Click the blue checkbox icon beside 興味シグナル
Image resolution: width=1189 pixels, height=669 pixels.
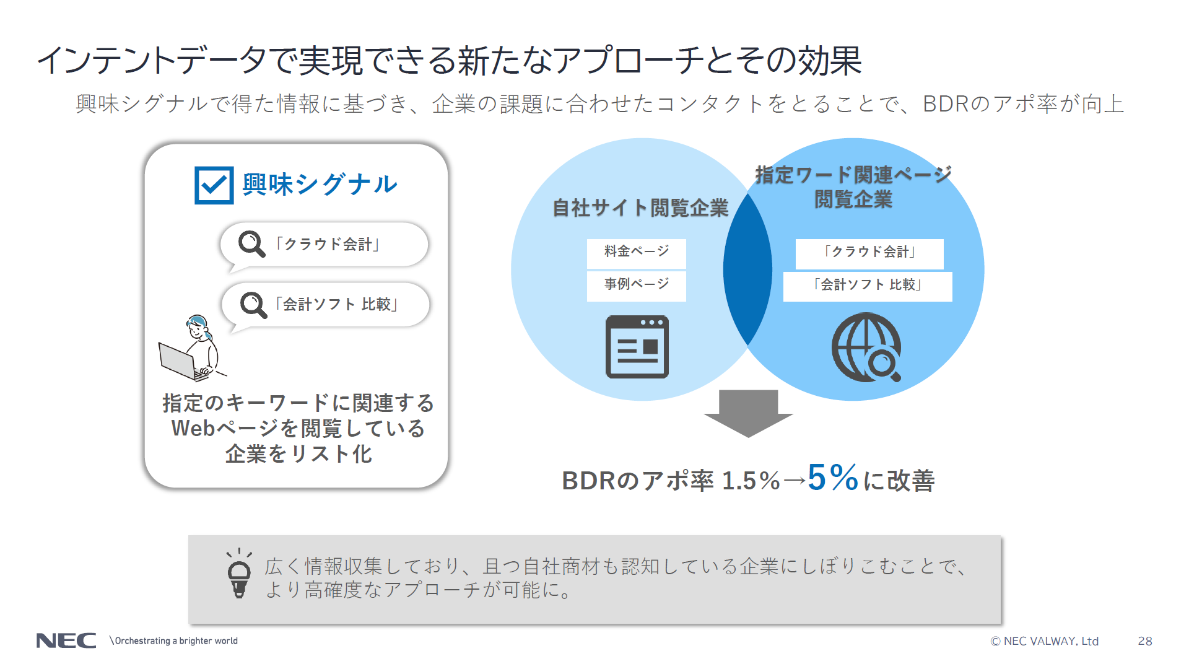(x=214, y=185)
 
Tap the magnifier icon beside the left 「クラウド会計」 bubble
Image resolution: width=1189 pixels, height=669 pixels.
(x=251, y=244)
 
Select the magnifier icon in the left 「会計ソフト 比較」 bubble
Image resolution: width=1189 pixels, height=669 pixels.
(x=253, y=305)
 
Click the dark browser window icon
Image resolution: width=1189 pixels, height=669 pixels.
(x=637, y=347)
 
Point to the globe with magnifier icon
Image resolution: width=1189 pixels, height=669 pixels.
(x=866, y=348)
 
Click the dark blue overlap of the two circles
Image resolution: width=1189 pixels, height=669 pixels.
(x=748, y=269)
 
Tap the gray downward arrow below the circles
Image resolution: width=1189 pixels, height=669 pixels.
(x=749, y=414)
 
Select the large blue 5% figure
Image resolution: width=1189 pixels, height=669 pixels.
(x=833, y=478)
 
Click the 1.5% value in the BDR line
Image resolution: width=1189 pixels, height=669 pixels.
(x=751, y=481)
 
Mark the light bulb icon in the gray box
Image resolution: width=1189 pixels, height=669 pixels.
(x=239, y=574)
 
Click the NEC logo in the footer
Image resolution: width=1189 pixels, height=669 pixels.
(x=66, y=641)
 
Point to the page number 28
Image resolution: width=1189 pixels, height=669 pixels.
(x=1145, y=641)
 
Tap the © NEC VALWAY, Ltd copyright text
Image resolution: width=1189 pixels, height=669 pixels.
(x=1045, y=641)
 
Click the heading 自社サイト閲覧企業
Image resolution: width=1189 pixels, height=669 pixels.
(x=640, y=208)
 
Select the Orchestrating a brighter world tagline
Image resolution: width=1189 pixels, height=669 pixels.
(x=173, y=641)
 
